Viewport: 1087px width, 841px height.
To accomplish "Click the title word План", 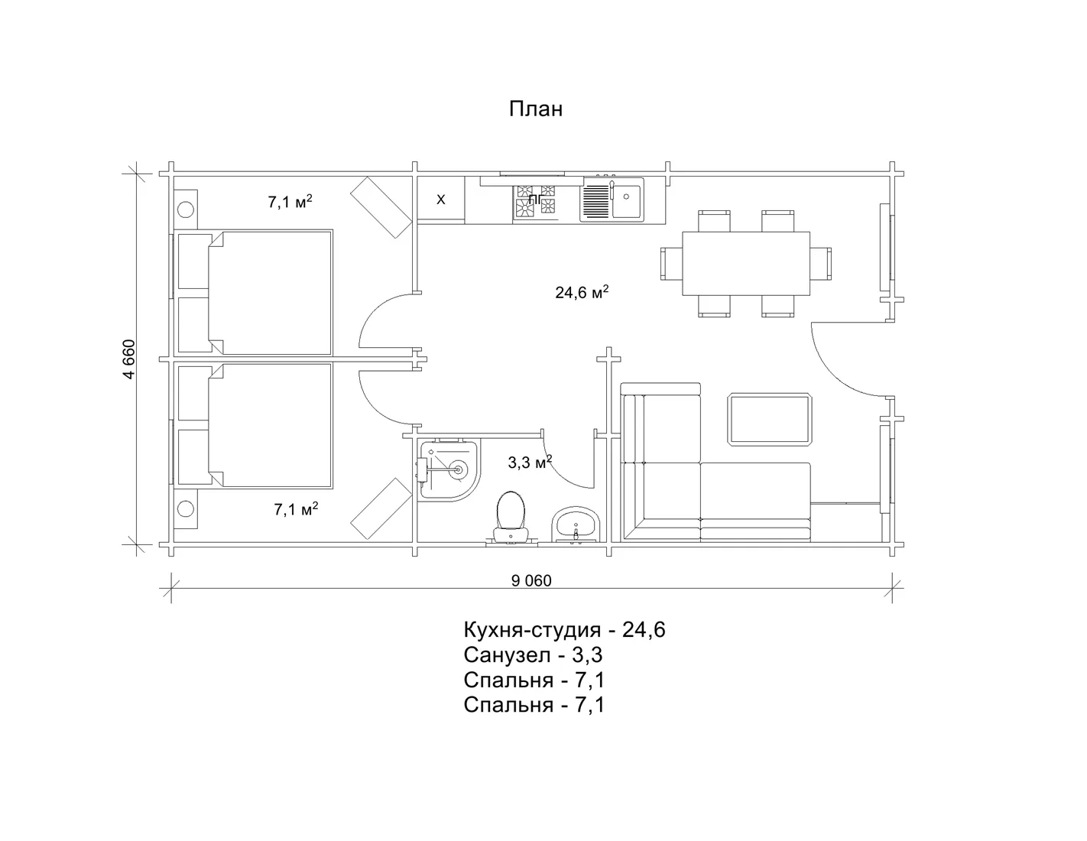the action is pos(536,109).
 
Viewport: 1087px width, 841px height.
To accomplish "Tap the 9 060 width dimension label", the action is pos(531,581).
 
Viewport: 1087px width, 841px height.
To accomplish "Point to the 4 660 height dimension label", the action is pos(129,359).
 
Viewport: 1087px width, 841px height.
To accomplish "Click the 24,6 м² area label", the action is pos(582,292).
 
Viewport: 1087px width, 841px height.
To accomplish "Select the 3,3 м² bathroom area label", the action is pos(530,462).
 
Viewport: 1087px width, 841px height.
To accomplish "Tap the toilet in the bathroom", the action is pos(510,516).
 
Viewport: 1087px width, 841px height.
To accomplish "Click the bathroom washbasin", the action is pos(576,524).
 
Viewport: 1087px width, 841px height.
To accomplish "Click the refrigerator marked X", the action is pos(441,200).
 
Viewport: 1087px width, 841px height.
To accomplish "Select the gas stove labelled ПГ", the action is pos(535,202).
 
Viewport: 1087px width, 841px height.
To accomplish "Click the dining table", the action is pos(746,264).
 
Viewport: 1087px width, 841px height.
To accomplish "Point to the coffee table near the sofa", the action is pos(770,419).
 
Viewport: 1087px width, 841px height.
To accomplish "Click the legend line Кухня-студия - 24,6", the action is pos(564,630).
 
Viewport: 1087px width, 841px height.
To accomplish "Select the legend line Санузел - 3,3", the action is pos(533,655).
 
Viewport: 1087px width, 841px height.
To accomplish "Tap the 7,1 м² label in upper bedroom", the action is pos(290,202).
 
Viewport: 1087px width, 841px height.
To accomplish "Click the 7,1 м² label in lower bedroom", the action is pos(296,509).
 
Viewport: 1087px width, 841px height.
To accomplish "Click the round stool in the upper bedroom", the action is pos(186,209).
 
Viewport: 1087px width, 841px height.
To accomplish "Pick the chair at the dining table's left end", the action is pos(671,264).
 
